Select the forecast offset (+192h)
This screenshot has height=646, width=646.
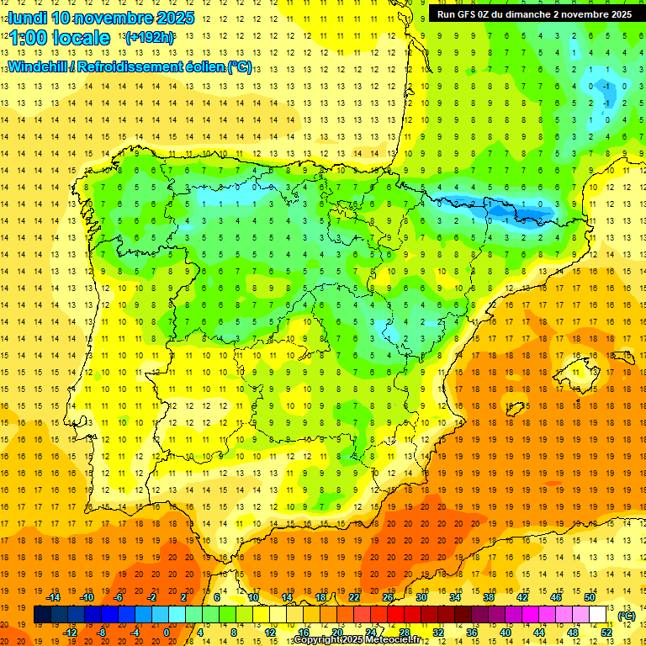pos(150,38)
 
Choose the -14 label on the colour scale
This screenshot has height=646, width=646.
pos(53,597)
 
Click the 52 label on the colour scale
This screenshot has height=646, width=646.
pos(606,633)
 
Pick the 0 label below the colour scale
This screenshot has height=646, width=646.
pos(167,633)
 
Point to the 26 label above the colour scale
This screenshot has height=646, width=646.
pos(388,597)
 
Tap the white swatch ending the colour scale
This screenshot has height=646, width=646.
pos(598,615)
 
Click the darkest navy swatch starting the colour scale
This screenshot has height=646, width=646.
pos(42,615)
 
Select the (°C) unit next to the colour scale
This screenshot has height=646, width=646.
pos(626,616)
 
